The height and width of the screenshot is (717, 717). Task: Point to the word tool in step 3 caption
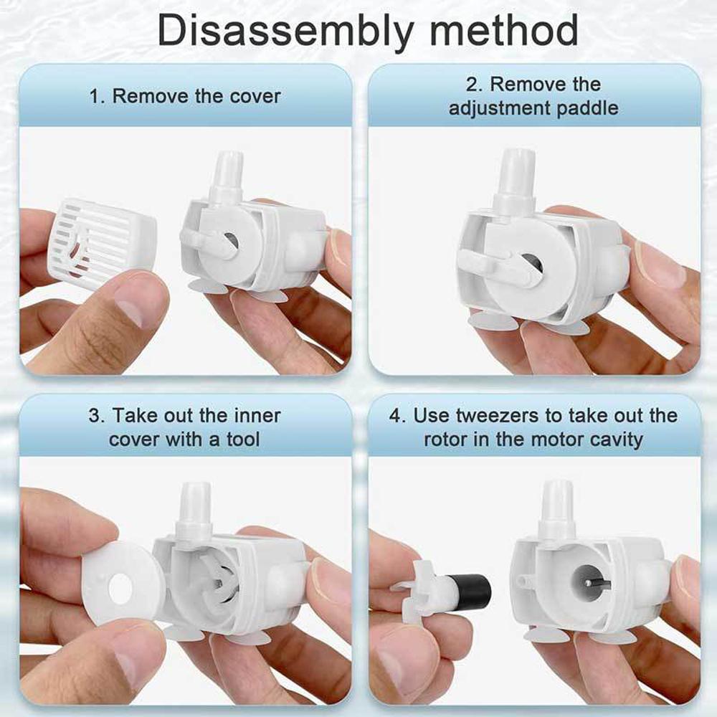pyautogui.click(x=243, y=439)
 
